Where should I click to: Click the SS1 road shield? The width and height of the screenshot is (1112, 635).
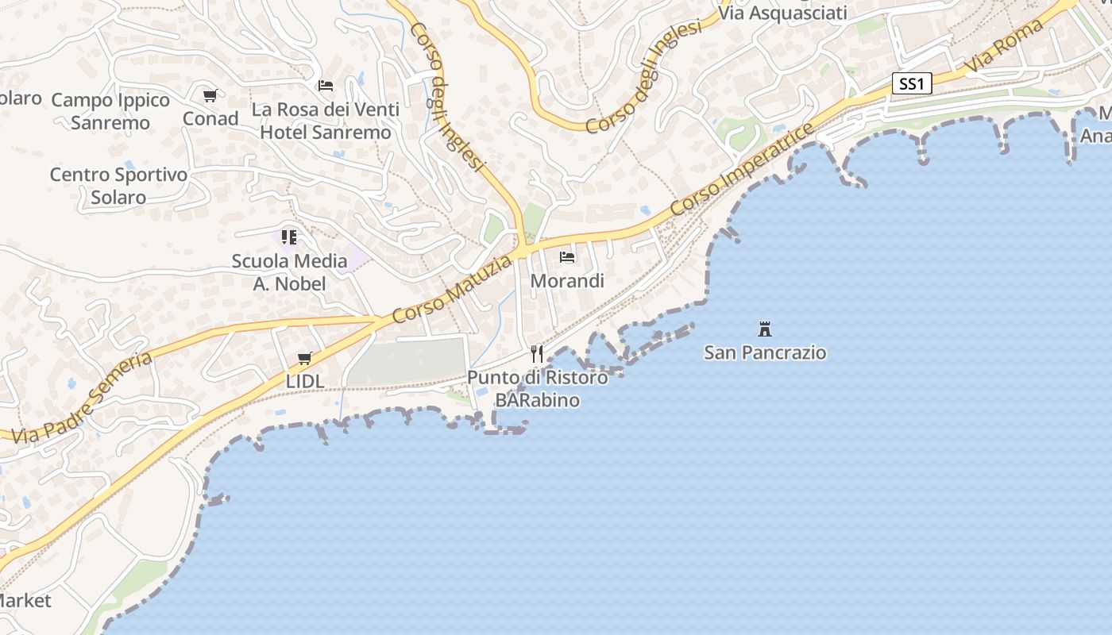point(911,84)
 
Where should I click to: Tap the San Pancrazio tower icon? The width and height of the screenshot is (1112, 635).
point(765,329)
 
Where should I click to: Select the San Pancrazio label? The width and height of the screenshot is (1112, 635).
point(765,352)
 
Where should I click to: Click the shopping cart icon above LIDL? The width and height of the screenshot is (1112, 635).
point(305,359)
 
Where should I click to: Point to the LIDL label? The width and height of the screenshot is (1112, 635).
point(305,382)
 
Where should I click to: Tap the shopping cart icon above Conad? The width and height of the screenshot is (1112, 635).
point(210,96)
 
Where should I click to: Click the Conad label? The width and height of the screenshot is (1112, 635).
point(210,119)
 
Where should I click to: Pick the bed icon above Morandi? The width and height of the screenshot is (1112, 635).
point(567,257)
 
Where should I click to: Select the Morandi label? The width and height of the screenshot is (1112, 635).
point(567,281)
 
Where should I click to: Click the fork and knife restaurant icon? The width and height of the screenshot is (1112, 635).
point(537,353)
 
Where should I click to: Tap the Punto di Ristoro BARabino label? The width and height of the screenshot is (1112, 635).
point(537,388)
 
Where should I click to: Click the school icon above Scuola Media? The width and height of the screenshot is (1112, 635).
point(289,237)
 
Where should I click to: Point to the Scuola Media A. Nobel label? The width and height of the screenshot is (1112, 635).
point(289,272)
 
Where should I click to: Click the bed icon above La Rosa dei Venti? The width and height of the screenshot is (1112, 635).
point(326,86)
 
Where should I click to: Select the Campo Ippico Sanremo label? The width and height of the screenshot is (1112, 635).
point(110,111)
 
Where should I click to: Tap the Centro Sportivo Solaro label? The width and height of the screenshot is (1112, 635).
point(118,186)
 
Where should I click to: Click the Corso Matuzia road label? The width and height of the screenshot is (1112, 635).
point(452,289)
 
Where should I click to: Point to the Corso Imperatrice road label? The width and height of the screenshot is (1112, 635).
point(742,169)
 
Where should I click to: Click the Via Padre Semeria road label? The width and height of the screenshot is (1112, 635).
point(83,398)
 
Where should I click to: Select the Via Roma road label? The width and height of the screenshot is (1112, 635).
point(1004,47)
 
